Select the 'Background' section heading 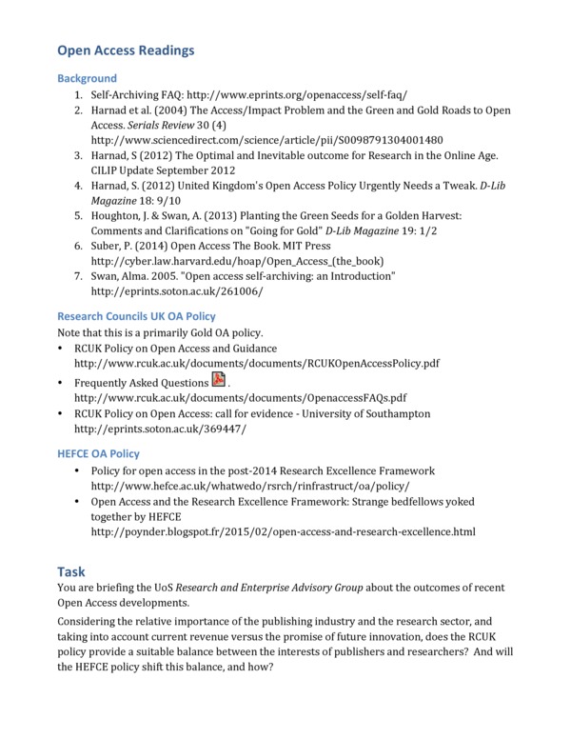pos(87,78)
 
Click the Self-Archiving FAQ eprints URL pos(297,96)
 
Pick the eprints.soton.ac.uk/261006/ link pos(177,290)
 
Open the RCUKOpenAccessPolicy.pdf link pos(256,364)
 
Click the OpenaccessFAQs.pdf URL pos(240,397)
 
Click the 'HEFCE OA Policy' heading pos(98,454)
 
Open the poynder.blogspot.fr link pos(283,531)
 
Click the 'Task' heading pos(71,571)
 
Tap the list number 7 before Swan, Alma pos(79,276)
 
